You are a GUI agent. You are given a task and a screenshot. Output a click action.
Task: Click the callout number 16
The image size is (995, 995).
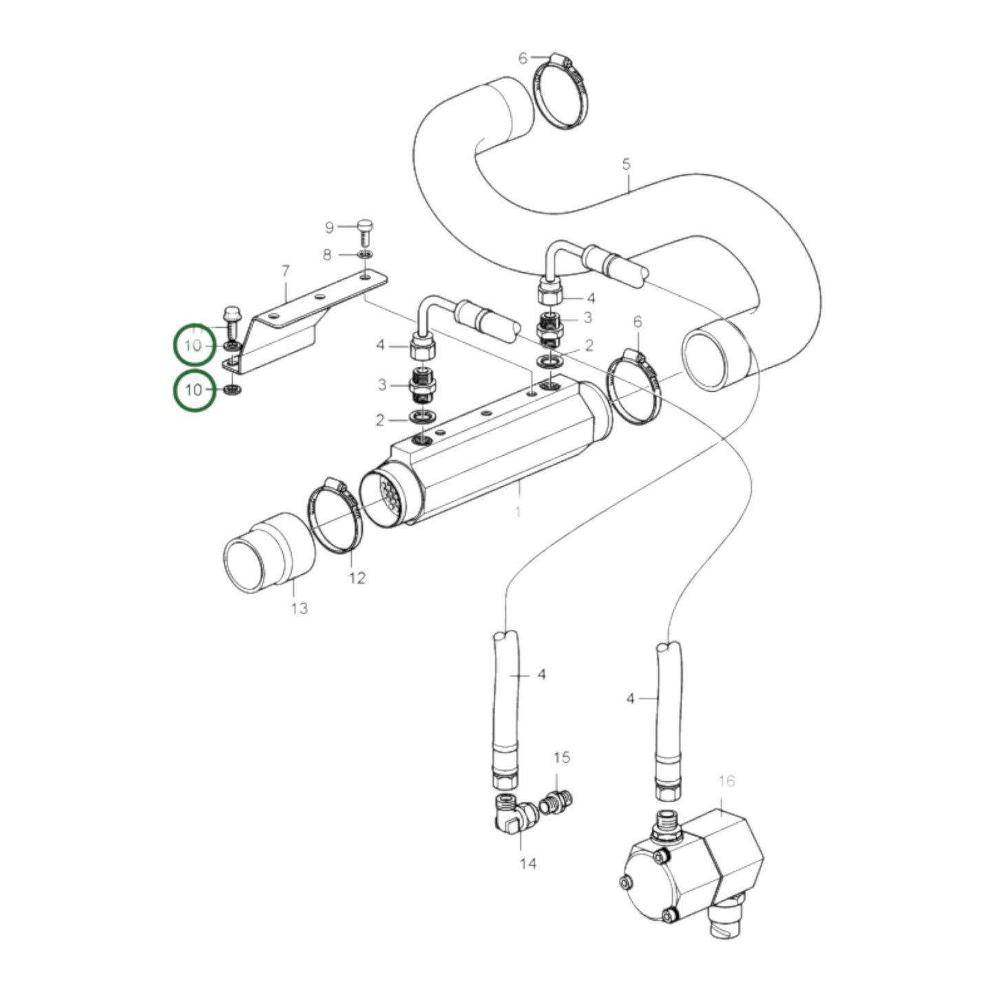(x=726, y=781)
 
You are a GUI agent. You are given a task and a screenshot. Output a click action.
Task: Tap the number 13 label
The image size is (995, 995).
(x=300, y=609)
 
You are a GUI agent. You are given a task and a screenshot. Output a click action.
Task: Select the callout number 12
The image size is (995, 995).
(x=357, y=578)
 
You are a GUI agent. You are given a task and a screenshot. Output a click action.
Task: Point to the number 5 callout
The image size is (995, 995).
(x=626, y=165)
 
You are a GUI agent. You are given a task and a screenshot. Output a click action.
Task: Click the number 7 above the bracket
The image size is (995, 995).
(x=286, y=272)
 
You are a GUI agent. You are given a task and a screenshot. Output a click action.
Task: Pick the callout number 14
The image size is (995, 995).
(x=527, y=863)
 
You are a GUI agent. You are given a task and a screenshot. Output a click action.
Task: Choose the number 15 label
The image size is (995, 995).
(x=562, y=757)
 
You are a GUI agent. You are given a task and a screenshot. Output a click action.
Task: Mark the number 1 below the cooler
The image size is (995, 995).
(x=518, y=512)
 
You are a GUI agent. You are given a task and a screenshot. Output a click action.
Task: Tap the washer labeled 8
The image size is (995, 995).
(x=365, y=255)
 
